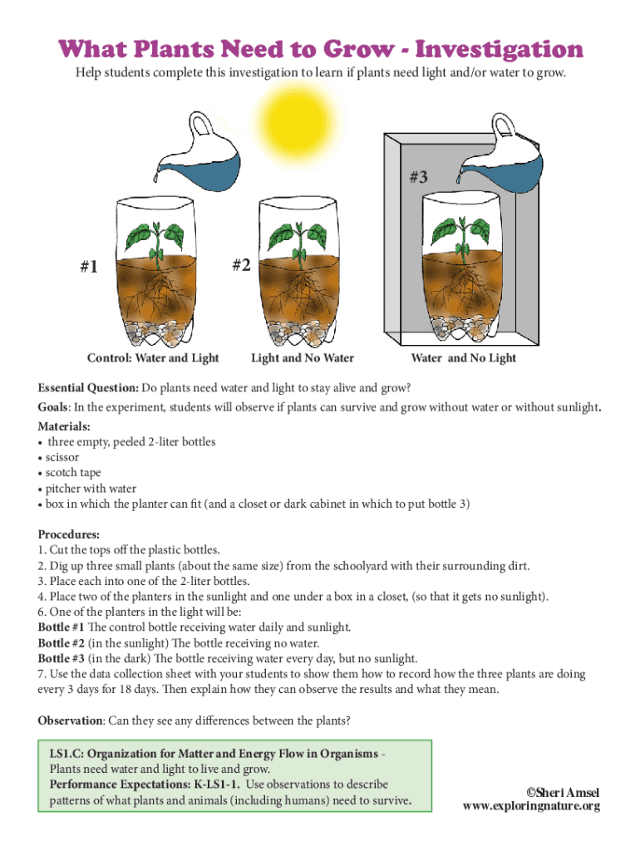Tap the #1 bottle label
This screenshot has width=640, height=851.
(89, 267)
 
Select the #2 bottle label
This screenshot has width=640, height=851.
(242, 265)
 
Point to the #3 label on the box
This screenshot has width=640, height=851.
(418, 177)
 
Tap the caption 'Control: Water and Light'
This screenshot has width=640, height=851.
(153, 358)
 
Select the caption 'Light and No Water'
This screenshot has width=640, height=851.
(303, 358)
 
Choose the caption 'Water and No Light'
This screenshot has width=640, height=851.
(464, 358)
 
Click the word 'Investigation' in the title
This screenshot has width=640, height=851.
(500, 49)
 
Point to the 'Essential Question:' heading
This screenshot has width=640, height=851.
(88, 388)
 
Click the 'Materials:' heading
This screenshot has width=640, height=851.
(64, 426)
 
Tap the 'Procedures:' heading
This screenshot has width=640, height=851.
(69, 534)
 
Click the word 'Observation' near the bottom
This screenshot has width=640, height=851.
(70, 721)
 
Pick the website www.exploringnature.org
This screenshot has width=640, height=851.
(531, 806)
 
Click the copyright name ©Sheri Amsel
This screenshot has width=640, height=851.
(563, 793)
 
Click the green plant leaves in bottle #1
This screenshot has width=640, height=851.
(155, 237)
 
